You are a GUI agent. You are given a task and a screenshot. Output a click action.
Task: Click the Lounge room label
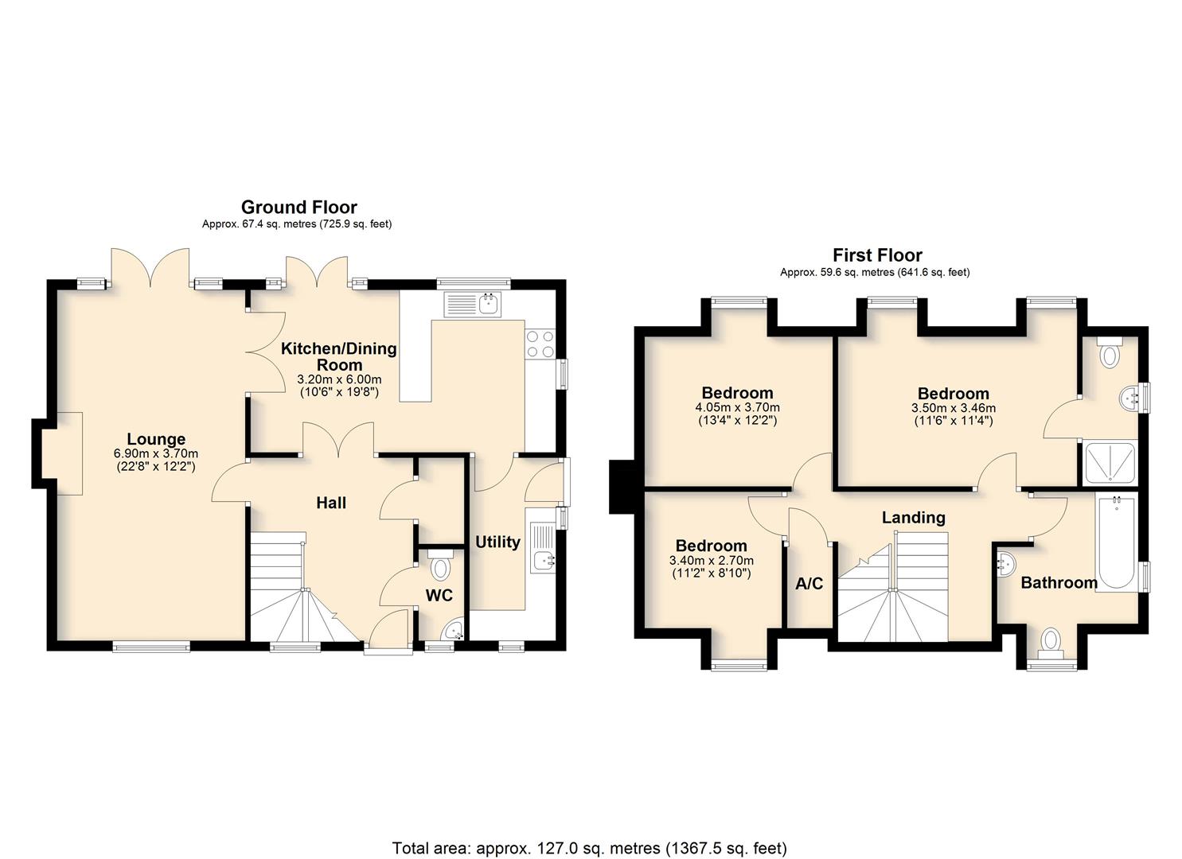tap(156, 439)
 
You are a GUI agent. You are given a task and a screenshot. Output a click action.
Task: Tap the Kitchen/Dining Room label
tap(339, 356)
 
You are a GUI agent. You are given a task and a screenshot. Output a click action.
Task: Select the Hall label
tap(331, 503)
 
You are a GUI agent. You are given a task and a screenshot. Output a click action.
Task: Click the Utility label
tap(497, 542)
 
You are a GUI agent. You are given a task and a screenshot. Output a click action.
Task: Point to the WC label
tap(439, 596)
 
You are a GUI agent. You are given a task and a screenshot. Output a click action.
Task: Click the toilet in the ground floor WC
tap(440, 565)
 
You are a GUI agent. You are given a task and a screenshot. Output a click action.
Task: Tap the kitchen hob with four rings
tap(540, 344)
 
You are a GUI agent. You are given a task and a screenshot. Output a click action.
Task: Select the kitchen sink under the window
tap(474, 305)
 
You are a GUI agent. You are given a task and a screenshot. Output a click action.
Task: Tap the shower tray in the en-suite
tap(1110, 463)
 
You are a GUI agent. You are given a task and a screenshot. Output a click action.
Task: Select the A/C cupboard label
tap(809, 584)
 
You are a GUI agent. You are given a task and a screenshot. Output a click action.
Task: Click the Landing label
tap(914, 517)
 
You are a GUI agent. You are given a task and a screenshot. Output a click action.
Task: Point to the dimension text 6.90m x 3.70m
tap(156, 453)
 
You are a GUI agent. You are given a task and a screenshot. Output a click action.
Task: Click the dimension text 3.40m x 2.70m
tap(712, 560)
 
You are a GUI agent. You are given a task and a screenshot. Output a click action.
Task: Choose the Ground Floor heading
tap(298, 207)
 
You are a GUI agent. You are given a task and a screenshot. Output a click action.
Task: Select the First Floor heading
tap(877, 255)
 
